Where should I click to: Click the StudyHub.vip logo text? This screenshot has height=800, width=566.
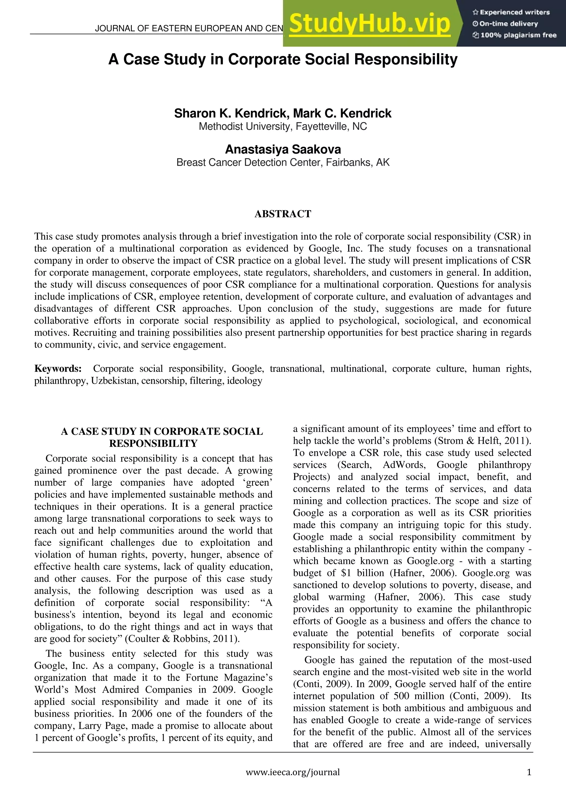pos(370,24)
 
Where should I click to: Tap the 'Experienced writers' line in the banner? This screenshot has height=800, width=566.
pos(511,12)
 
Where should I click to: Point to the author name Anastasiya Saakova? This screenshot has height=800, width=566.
pos(283,149)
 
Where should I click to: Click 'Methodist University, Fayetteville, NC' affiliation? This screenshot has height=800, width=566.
pos(283,127)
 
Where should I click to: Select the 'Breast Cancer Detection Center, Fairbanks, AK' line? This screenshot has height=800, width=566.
pos(283,162)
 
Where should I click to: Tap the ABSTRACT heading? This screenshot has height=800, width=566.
pos(283,214)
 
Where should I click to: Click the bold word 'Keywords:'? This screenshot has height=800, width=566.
pos(58,369)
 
